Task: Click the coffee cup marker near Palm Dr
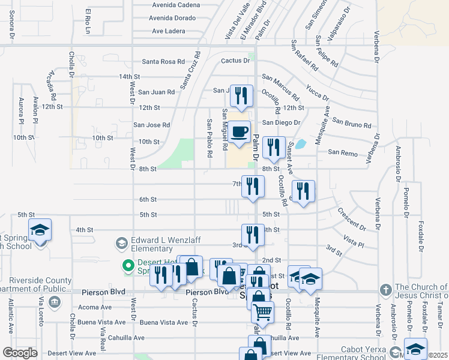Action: (240, 132)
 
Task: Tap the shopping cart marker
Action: (262, 313)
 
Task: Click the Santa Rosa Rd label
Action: (163, 62)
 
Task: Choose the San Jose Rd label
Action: (152, 125)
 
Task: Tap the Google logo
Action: (20, 353)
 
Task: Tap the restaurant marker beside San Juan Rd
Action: (241, 95)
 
